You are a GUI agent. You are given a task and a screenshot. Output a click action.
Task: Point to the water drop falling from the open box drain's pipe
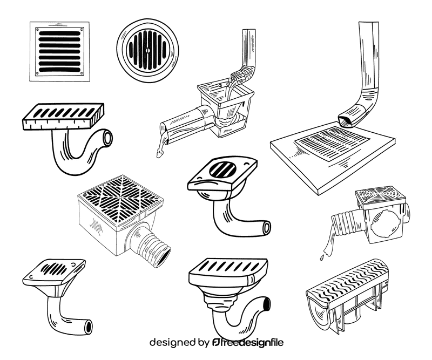(x=159, y=153)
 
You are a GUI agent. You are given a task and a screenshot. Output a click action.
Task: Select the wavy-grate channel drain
(x=346, y=294)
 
